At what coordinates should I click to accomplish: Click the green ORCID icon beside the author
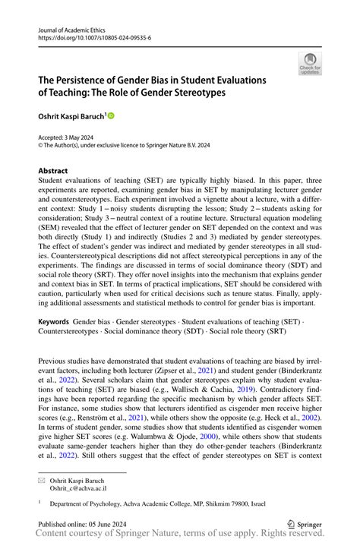[x=110, y=116]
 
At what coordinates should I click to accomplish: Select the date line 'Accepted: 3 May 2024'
[x=69, y=137]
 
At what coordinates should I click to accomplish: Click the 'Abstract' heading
[x=53, y=171]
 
